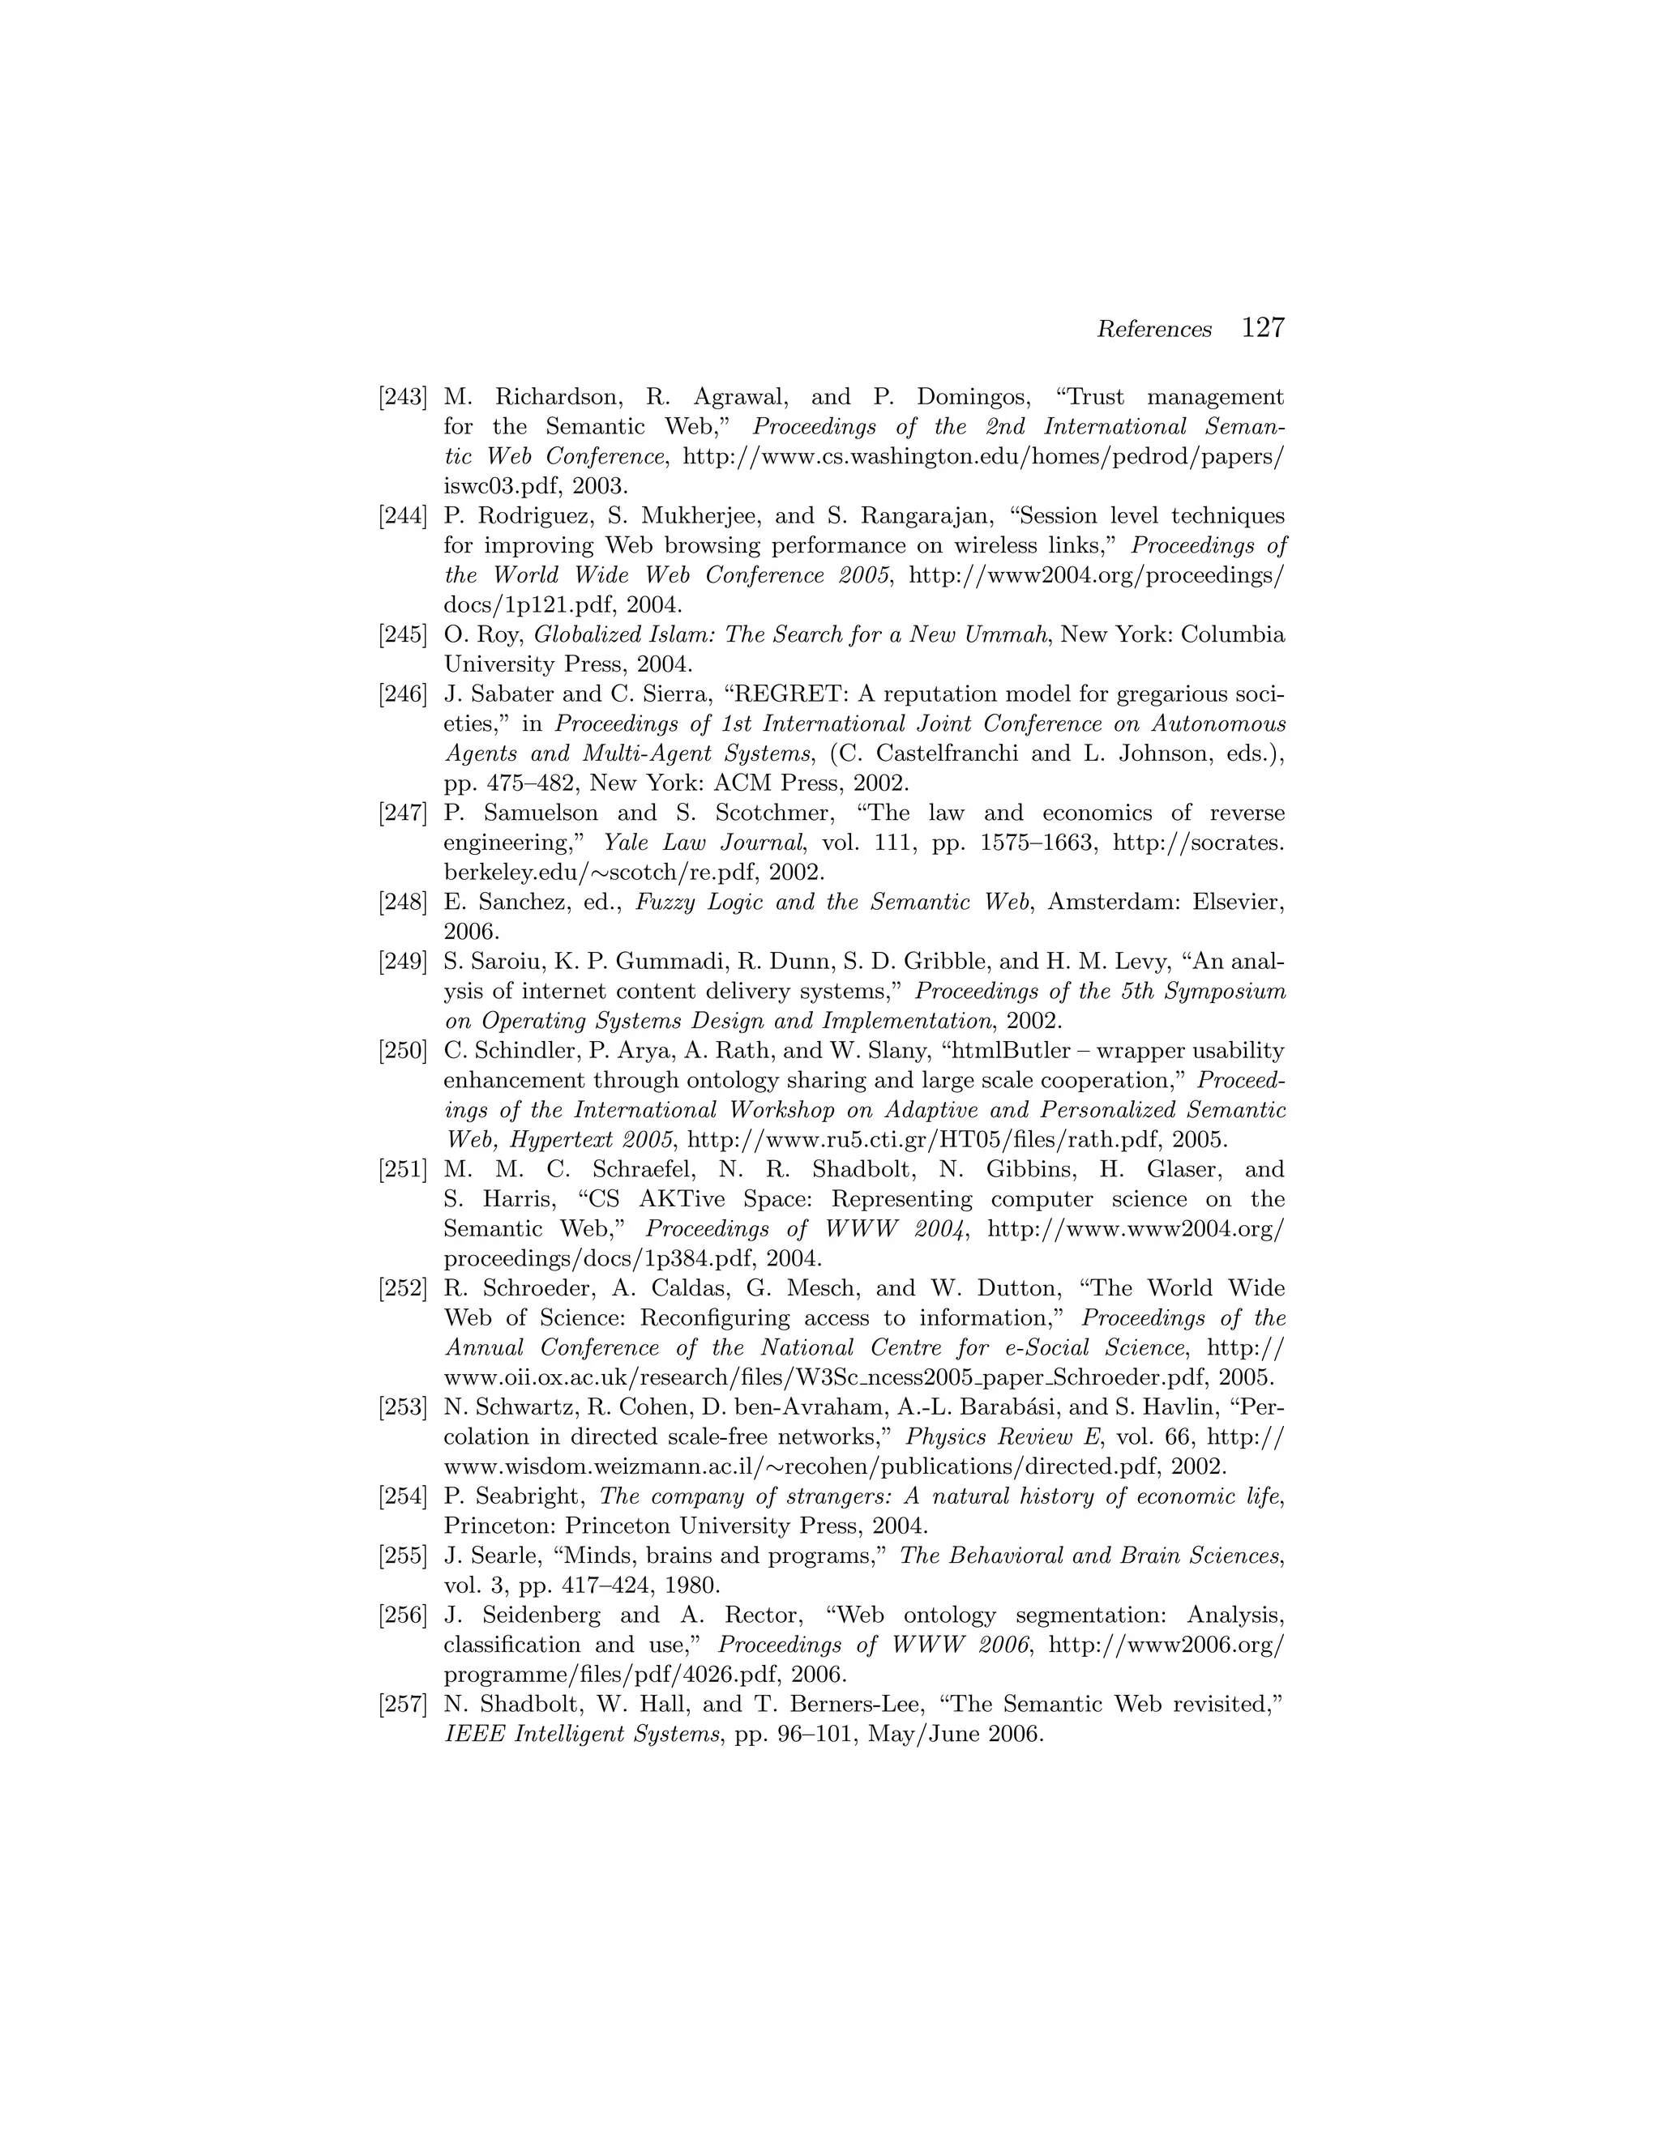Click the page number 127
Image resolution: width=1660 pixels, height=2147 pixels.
[x=1264, y=327]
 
